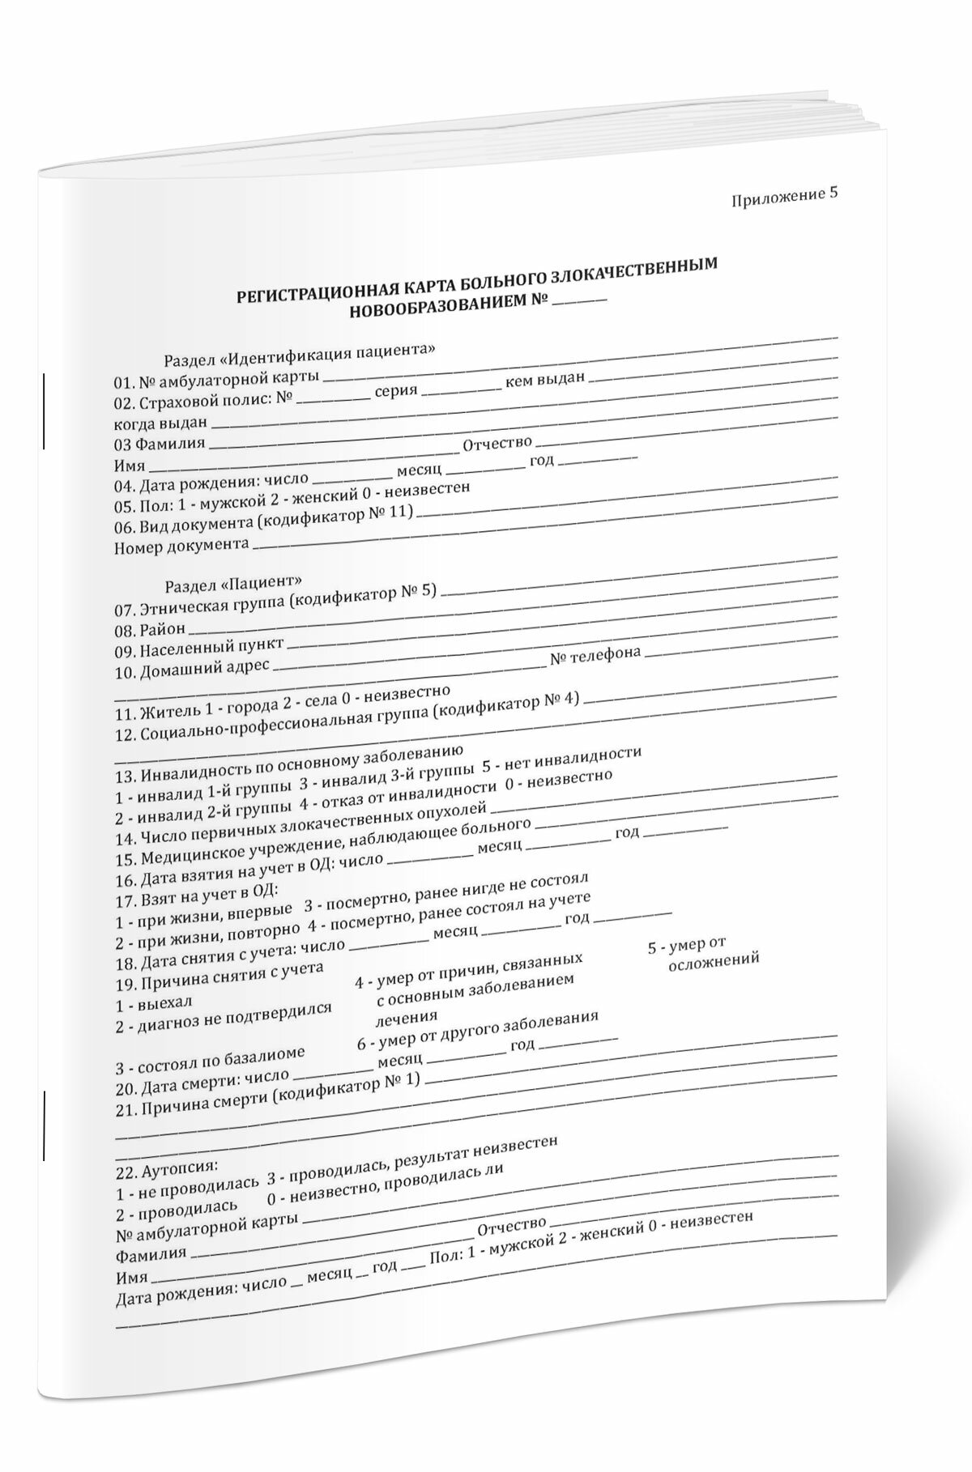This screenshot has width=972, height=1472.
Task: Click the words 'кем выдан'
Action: click(x=544, y=381)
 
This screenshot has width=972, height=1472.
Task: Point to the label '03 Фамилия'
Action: click(x=160, y=444)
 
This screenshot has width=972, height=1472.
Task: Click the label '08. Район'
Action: click(x=150, y=629)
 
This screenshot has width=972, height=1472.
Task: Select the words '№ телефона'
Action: click(x=595, y=656)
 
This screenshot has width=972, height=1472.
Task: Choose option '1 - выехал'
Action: click(x=143, y=1005)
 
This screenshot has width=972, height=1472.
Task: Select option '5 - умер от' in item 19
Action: click(x=685, y=945)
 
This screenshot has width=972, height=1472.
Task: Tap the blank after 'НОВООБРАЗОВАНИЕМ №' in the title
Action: click(x=581, y=302)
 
